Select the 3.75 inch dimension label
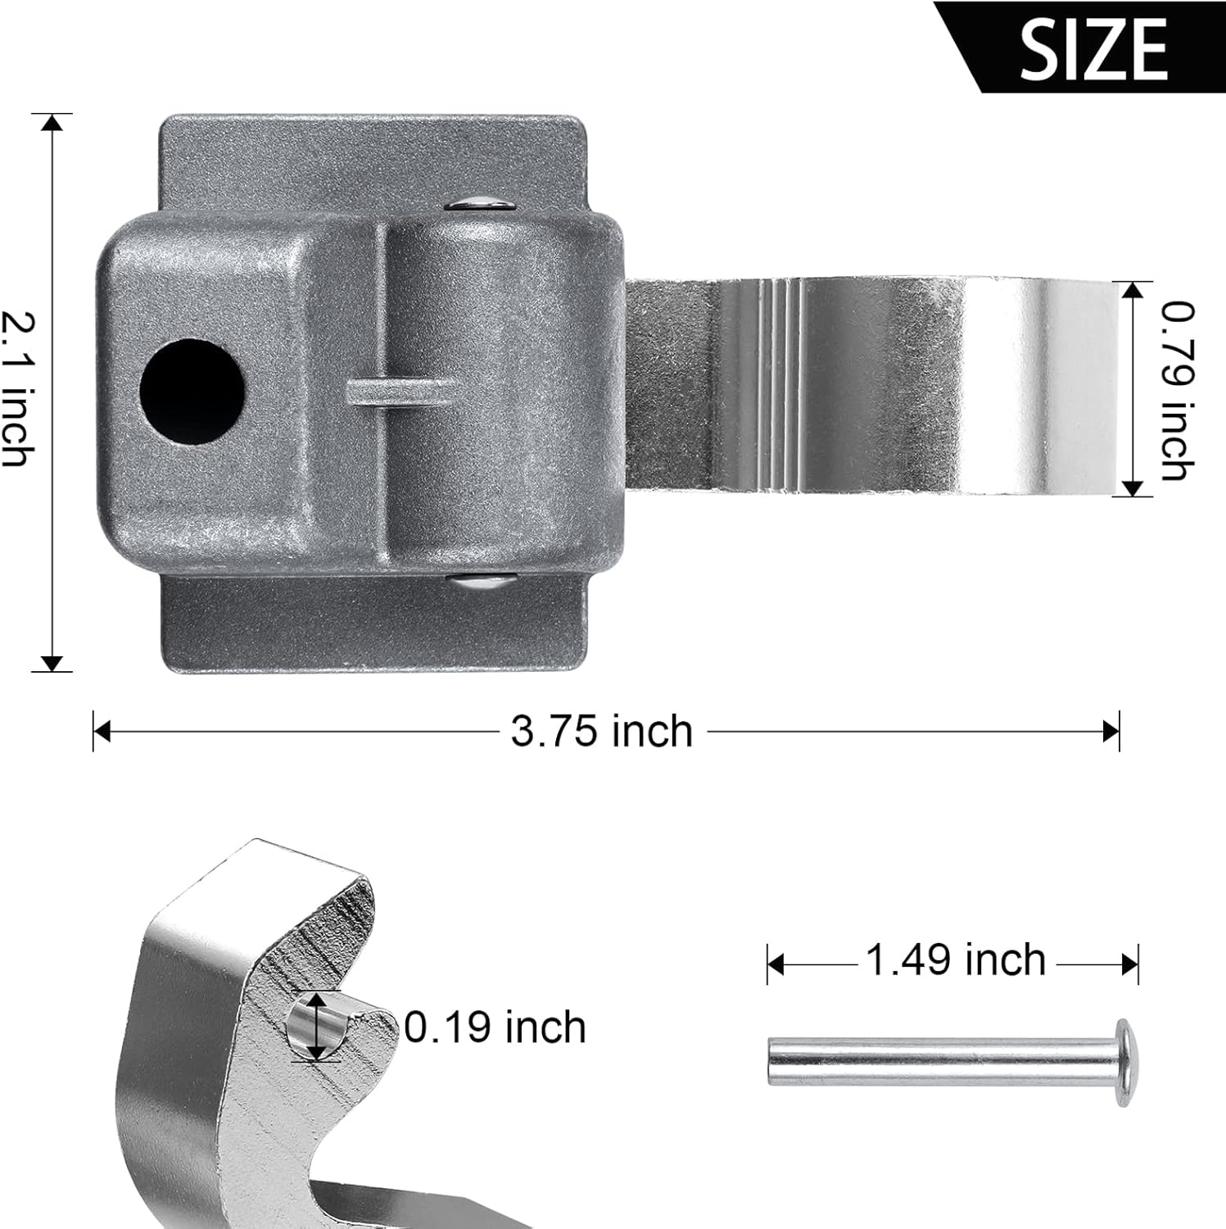(601, 731)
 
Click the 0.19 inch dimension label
(495, 1027)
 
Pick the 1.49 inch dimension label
(955, 959)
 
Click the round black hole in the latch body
(192, 392)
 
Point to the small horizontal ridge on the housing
(396, 392)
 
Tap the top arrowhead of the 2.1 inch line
(52, 123)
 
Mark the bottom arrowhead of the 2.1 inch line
(52, 663)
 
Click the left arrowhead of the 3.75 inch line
(102, 731)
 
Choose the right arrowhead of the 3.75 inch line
(1111, 731)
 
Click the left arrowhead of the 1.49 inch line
(775, 965)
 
